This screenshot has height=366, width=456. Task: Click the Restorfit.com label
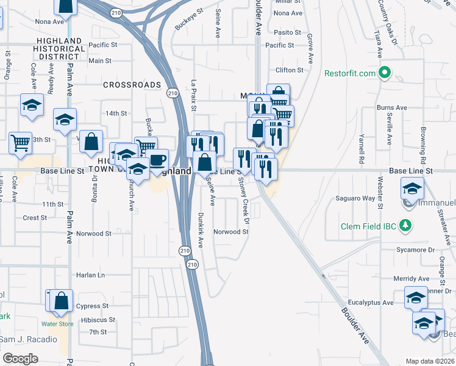coord(349,73)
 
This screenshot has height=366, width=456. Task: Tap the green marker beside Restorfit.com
coord(384,73)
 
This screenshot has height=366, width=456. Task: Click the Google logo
coord(20,359)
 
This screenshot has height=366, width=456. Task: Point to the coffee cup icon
coord(157,160)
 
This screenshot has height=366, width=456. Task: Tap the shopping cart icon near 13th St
coord(20,143)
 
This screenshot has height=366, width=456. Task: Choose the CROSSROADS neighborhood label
coord(132,85)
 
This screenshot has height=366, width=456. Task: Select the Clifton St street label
coord(290,71)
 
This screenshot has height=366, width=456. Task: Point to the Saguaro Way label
coord(355,198)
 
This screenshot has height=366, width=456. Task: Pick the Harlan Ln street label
coord(91,275)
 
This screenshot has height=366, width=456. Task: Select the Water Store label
coord(57,324)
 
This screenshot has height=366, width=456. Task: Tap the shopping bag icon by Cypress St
coord(62,301)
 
